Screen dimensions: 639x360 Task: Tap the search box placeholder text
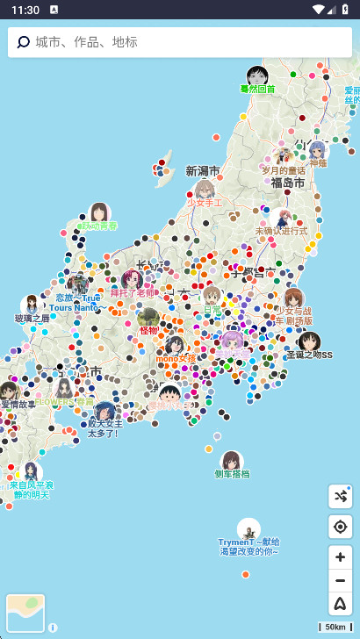pos(86,42)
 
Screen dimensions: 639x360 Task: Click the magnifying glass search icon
pos(24,42)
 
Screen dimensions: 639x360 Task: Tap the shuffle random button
pos(340,497)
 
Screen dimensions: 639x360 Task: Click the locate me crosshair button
pos(340,527)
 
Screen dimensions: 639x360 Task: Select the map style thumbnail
pos(25,613)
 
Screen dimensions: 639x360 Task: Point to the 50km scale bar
pos(335,627)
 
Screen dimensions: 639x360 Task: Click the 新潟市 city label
pos(203,170)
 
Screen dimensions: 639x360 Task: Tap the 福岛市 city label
pos(288,183)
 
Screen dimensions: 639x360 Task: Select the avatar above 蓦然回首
pos(257,75)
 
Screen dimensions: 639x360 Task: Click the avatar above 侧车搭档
pos(232,461)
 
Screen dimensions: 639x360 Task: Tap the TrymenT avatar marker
pos(248,528)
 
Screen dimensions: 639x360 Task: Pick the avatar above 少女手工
pos(205,190)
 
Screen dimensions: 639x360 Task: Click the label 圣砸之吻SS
pos(310,355)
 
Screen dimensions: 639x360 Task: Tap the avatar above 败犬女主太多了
pos(104,411)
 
